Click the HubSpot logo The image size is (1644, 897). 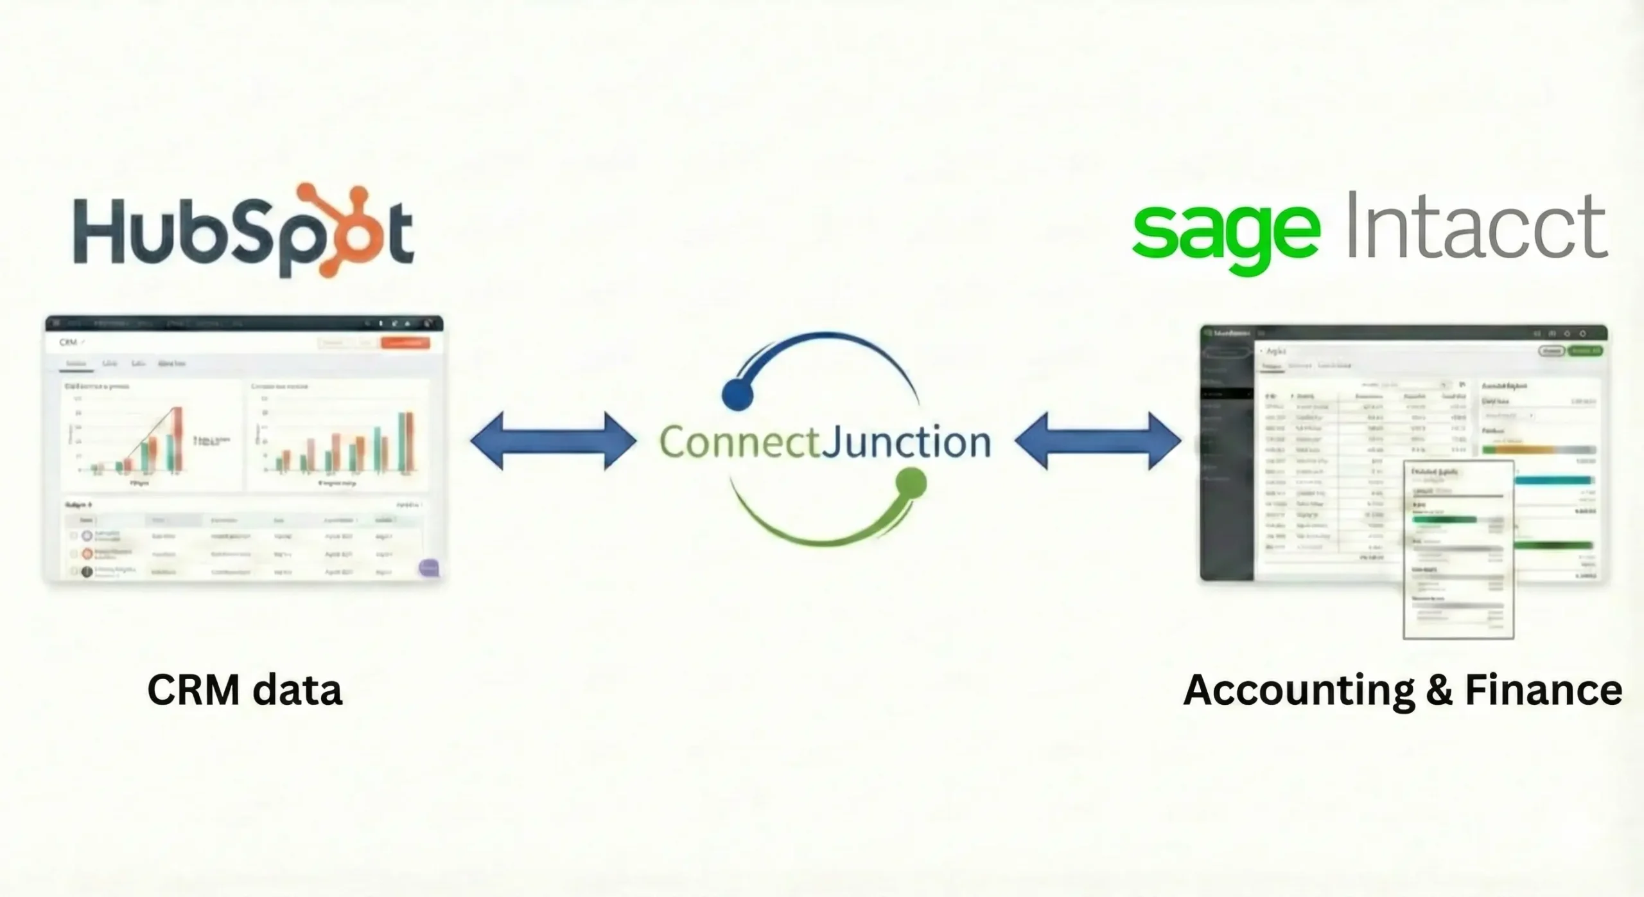(x=244, y=231)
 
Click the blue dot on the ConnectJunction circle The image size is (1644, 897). (x=737, y=395)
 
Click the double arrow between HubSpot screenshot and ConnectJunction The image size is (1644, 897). (x=554, y=441)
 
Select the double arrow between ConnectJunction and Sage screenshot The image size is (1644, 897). (x=1098, y=441)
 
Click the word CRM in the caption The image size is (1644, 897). (x=193, y=690)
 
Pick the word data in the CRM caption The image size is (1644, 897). (x=297, y=690)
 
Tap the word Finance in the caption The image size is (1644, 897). (x=1544, y=690)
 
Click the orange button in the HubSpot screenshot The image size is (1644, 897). (x=405, y=343)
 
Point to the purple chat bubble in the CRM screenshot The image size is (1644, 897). (x=428, y=567)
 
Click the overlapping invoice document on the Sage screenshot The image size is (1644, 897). (x=1458, y=550)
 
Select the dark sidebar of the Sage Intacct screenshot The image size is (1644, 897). (x=1227, y=463)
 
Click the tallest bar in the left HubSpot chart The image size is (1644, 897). (x=177, y=440)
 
